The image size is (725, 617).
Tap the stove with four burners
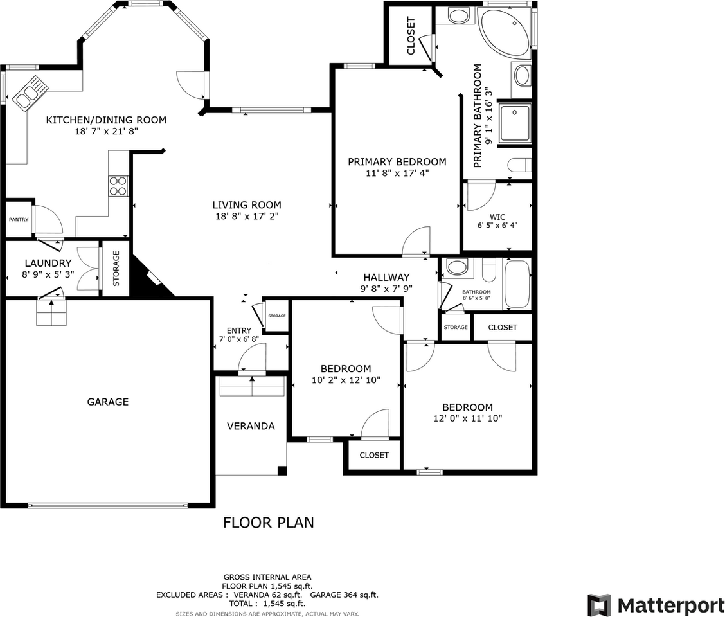tap(118, 186)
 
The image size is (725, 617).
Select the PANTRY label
tap(19, 220)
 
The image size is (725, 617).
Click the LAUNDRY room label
tap(48, 263)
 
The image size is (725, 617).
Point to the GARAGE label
tap(108, 402)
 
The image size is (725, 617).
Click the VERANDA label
tap(251, 426)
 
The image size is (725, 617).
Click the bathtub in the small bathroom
tap(517, 284)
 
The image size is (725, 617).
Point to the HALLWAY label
tap(386, 278)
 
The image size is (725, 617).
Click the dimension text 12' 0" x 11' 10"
tap(467, 418)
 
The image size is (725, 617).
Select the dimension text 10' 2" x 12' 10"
tap(346, 380)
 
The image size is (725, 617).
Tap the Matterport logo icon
tap(599, 605)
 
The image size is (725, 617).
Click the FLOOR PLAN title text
tap(269, 522)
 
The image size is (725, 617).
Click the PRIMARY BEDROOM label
tap(397, 161)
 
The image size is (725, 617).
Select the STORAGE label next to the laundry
tap(116, 268)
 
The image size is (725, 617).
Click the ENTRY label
tap(238, 330)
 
